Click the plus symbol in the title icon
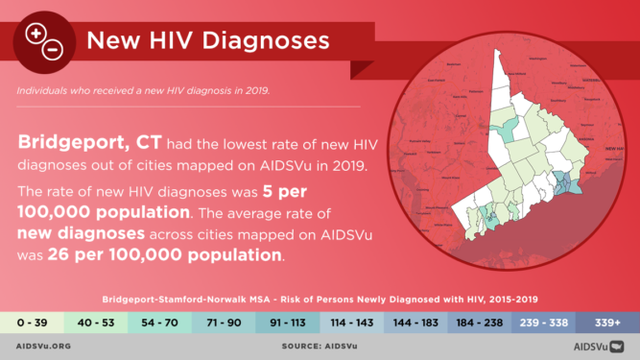click(36, 35)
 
